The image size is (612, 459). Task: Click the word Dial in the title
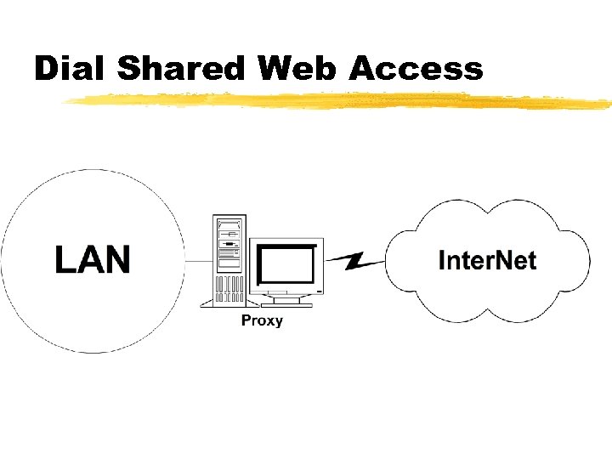click(x=71, y=68)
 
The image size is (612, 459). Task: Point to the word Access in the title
click(x=416, y=68)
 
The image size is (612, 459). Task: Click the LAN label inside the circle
click(x=93, y=259)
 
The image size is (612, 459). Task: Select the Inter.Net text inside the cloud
click(x=487, y=259)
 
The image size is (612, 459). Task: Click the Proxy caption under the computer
click(x=262, y=320)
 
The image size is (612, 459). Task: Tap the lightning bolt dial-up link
click(x=354, y=259)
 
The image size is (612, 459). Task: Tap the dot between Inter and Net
click(x=490, y=268)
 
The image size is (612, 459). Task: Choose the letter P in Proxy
click(x=246, y=320)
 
